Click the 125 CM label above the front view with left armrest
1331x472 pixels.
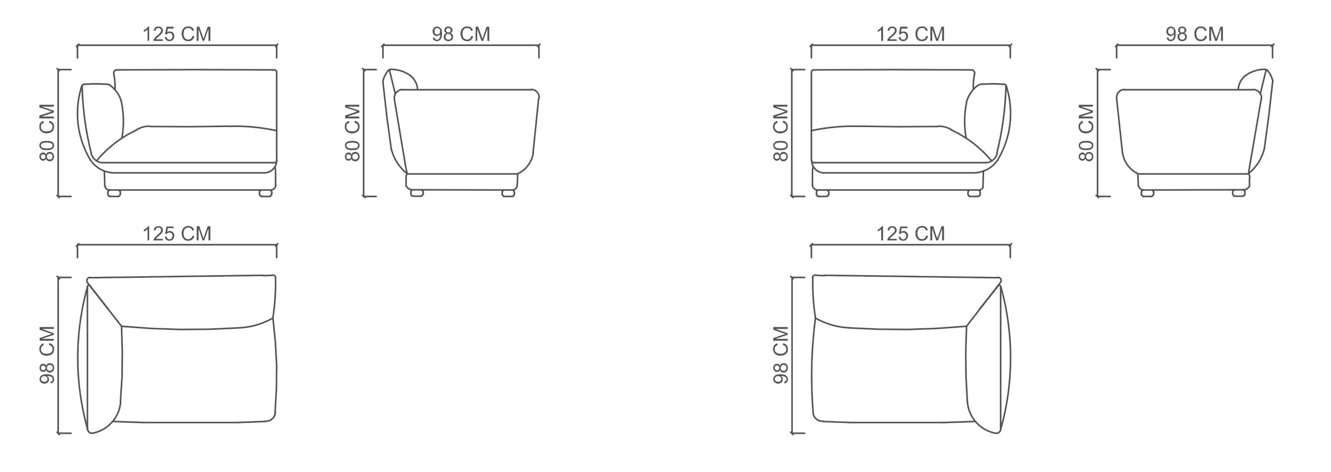[177, 34]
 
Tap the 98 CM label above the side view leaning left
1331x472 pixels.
[461, 34]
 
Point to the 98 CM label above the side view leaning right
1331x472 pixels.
[1194, 34]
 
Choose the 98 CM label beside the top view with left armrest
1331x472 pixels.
[47, 355]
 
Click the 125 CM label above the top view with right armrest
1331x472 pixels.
[910, 234]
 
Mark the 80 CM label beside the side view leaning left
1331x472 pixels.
[352, 132]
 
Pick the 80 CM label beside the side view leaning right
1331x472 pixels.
[1086, 132]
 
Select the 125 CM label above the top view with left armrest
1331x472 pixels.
[177, 234]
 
